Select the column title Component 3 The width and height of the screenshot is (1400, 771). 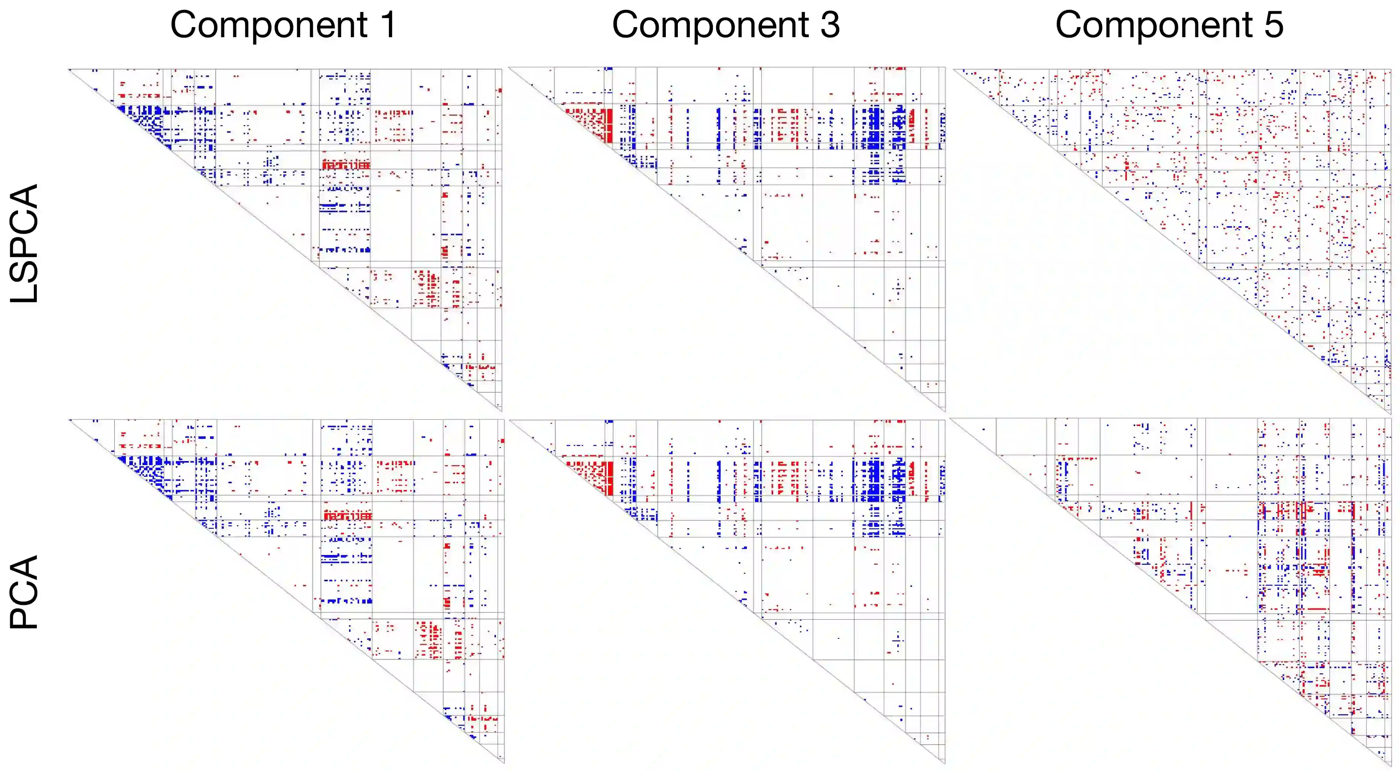[726, 25]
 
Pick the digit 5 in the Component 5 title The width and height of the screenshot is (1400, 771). [1273, 25]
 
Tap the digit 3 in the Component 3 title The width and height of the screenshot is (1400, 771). [830, 25]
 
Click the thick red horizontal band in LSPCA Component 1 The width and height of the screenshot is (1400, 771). [346, 164]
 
